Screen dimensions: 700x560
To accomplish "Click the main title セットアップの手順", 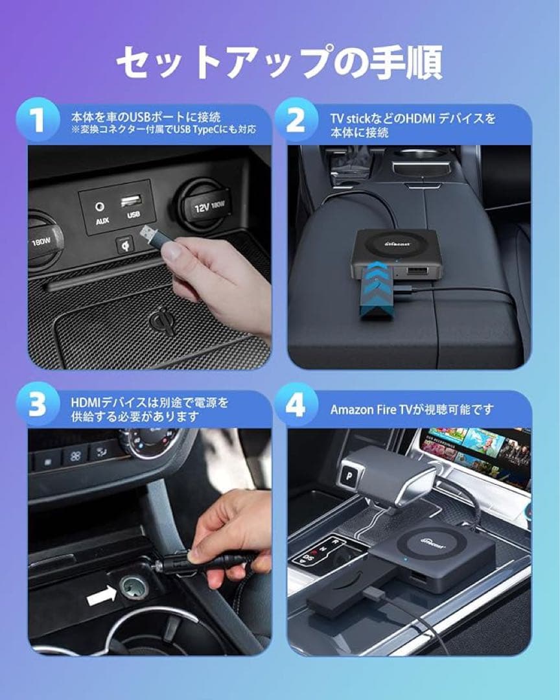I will click(x=279, y=64).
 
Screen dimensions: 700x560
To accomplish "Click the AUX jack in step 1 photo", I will click(x=100, y=207).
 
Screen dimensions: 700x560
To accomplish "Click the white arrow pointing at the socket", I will click(x=100, y=597).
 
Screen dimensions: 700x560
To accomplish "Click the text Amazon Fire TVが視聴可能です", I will click(x=412, y=410).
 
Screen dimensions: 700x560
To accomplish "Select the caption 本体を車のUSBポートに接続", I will click(x=146, y=117).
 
